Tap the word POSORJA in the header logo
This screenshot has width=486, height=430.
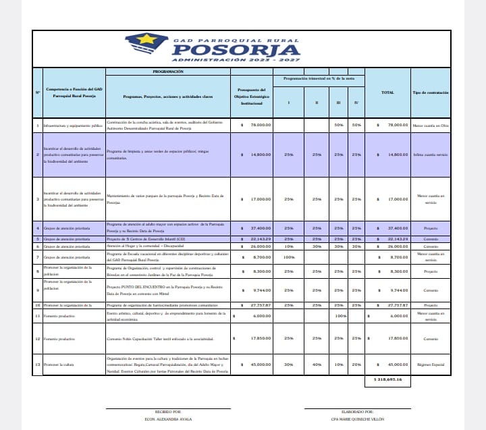pyautogui.click(x=240, y=50)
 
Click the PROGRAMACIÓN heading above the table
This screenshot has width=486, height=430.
pyautogui.click(x=168, y=71)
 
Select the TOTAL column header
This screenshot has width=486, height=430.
pyautogui.click(x=387, y=92)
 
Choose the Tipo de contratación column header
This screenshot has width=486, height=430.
pyautogui.click(x=430, y=92)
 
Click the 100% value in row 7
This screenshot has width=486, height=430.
pyautogui.click(x=290, y=257)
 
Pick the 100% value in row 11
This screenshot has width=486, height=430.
pyautogui.click(x=340, y=316)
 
